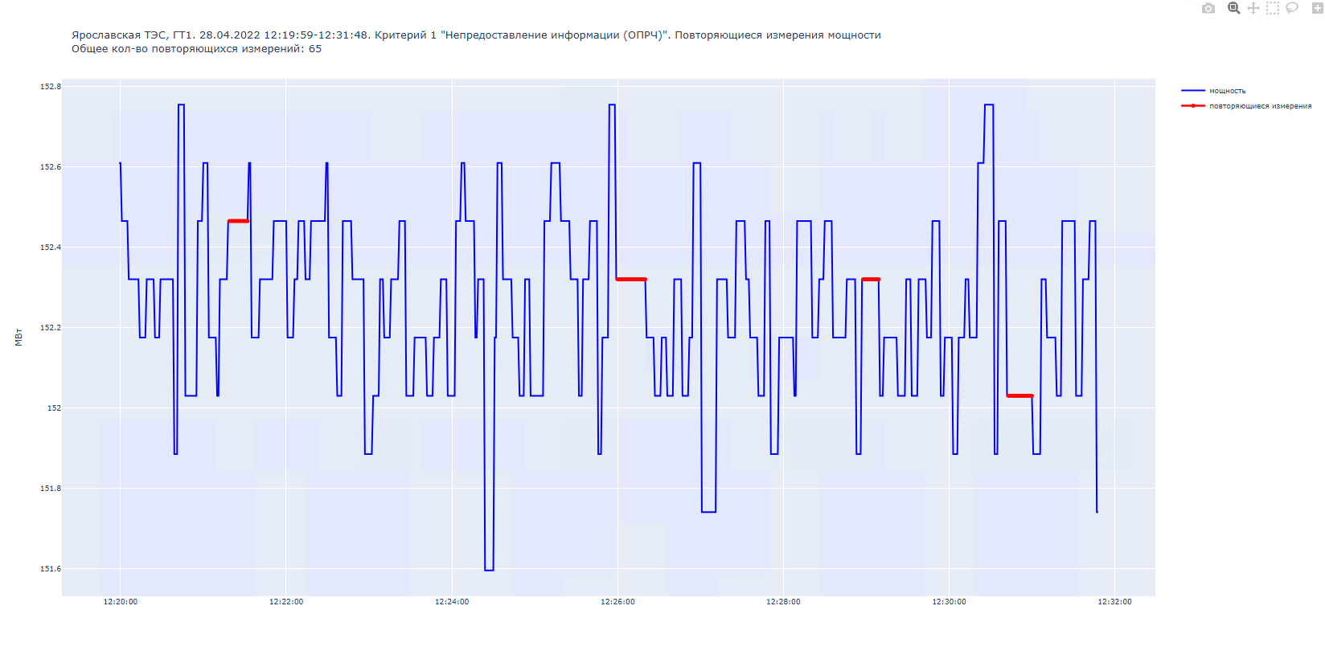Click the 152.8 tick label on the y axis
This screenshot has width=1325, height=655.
pyautogui.click(x=51, y=87)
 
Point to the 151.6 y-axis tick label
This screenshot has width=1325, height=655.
pyautogui.click(x=51, y=569)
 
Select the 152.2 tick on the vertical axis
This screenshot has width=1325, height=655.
pyautogui.click(x=51, y=328)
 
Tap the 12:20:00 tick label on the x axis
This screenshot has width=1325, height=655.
pyautogui.click(x=121, y=602)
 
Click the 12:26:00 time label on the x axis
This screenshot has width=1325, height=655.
pyautogui.click(x=617, y=602)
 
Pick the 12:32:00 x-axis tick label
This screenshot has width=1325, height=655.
pyautogui.click(x=1114, y=602)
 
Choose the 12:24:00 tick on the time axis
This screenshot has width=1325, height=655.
pyautogui.click(x=452, y=602)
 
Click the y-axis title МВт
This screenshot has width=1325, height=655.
pyautogui.click(x=18, y=338)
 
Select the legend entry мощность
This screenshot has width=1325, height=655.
pyautogui.click(x=1227, y=91)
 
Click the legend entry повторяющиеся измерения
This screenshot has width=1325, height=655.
pyautogui.click(x=1260, y=106)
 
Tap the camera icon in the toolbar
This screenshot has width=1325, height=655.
pyautogui.click(x=1208, y=8)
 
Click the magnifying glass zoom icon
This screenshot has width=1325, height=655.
pyautogui.click(x=1233, y=8)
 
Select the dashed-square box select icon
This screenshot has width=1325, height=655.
pyautogui.click(x=1272, y=8)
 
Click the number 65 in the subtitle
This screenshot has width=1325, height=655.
pyautogui.click(x=315, y=49)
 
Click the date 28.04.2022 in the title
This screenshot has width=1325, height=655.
pyautogui.click(x=230, y=35)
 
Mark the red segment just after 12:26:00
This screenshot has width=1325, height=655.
pyautogui.click(x=631, y=279)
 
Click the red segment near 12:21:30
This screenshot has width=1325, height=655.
pyautogui.click(x=239, y=221)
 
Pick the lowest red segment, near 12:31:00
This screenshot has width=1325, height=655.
pyautogui.click(x=1019, y=395)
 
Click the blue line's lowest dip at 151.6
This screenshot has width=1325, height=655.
pyautogui.click(x=489, y=570)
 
